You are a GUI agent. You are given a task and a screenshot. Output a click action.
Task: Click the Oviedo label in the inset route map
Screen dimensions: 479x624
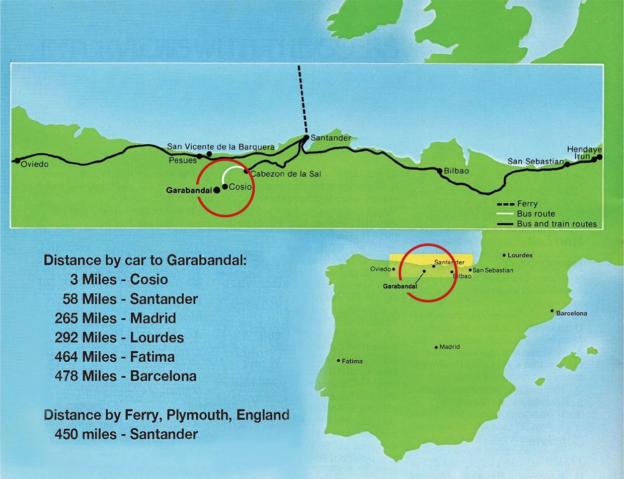point(35,165)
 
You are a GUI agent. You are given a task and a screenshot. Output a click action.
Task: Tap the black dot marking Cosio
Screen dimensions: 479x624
point(224,187)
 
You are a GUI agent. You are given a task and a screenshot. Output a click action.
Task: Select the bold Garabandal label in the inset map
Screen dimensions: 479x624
point(189,191)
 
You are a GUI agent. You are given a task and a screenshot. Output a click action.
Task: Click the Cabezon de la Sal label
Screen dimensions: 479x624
point(285,174)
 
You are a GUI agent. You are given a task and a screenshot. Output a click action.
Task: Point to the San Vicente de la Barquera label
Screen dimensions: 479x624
point(221,147)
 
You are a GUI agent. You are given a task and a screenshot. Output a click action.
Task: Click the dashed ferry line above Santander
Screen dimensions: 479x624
point(302,101)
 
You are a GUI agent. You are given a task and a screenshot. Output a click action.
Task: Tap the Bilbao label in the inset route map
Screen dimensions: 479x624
point(456,171)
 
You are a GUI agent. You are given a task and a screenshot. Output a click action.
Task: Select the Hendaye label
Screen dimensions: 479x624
point(584,149)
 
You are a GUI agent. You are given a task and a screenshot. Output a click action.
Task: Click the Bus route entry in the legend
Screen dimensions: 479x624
point(535,214)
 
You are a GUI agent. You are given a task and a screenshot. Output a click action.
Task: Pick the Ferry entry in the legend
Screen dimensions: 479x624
point(527,204)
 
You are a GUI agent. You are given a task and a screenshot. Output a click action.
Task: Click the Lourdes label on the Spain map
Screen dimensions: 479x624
point(520,255)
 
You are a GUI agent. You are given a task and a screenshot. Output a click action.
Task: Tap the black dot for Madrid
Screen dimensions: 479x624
point(436,347)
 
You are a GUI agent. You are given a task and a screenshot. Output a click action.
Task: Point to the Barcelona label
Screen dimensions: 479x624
point(571,313)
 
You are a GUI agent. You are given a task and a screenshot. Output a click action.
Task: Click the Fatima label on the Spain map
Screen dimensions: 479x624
point(352,361)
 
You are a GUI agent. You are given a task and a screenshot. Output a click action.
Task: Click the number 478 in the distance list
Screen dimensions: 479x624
point(66,376)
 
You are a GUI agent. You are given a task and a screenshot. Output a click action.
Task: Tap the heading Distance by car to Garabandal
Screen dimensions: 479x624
point(145,260)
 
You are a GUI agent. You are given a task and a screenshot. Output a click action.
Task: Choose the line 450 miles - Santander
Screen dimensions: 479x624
point(126,434)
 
